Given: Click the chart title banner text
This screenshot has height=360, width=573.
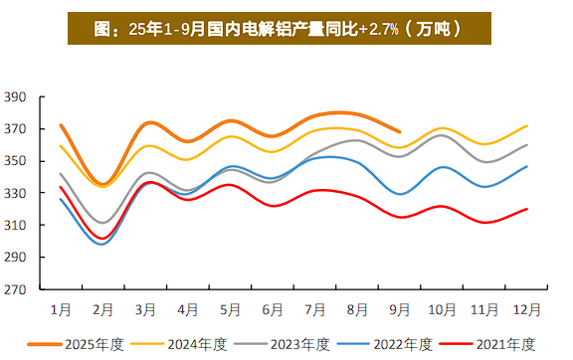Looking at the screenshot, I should click(286, 28).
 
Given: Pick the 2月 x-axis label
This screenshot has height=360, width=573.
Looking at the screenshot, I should click(102, 309).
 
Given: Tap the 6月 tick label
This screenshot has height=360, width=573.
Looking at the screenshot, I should click(273, 309).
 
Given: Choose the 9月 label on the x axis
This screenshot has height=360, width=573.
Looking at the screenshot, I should click(401, 309).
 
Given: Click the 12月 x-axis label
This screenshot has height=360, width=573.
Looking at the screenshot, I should click(528, 309).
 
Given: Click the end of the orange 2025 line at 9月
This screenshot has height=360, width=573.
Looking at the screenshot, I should click(401, 131).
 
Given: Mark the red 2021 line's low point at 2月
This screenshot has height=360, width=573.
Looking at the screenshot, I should click(102, 239).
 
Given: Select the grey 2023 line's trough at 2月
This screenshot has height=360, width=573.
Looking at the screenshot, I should click(102, 223).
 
